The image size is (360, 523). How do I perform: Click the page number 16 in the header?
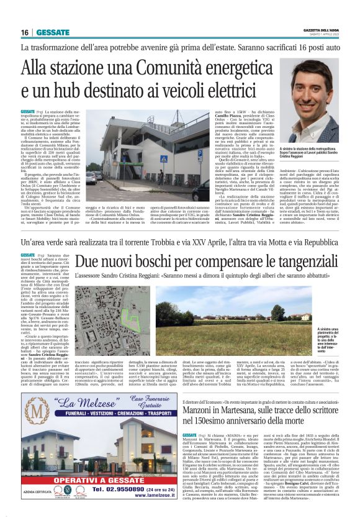[25, 32]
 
